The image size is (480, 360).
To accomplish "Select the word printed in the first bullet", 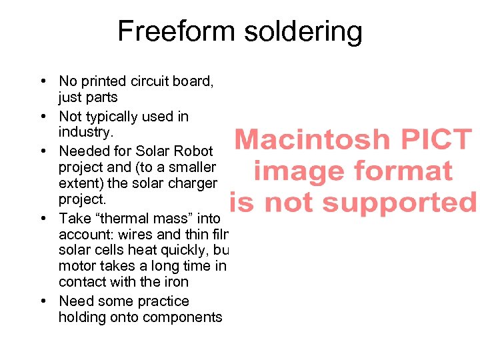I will coord(103,81).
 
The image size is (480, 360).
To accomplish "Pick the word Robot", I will coord(193,151).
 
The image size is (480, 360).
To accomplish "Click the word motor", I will coord(76,267).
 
